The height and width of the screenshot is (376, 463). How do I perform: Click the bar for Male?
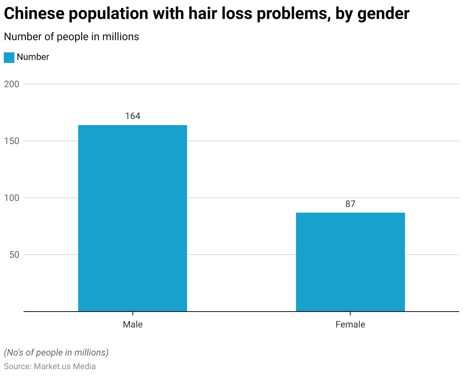pyautogui.click(x=132, y=218)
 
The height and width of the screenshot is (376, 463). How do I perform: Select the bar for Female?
pyautogui.click(x=350, y=262)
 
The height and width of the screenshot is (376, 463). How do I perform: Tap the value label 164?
pyautogui.click(x=133, y=116)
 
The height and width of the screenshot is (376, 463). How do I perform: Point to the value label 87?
pyautogui.click(x=350, y=204)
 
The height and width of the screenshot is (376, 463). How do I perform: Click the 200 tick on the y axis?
pyautogui.click(x=11, y=84)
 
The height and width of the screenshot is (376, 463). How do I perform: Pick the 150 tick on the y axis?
pyautogui.click(x=11, y=141)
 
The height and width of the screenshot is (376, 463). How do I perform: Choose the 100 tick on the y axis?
pyautogui.click(x=11, y=198)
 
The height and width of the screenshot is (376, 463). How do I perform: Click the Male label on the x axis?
pyautogui.click(x=133, y=324)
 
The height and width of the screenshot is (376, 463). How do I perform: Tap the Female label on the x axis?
pyautogui.click(x=350, y=324)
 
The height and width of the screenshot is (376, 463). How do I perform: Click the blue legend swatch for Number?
pyautogui.click(x=9, y=57)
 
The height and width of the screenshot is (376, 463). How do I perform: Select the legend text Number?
pyautogui.click(x=33, y=57)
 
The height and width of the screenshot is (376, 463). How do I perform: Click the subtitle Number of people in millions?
pyautogui.click(x=71, y=37)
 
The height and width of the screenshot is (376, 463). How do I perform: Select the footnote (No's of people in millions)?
pyautogui.click(x=56, y=352)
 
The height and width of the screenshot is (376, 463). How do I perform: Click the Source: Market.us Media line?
pyautogui.click(x=50, y=367)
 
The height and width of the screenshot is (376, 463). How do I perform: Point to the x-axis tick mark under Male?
pyautogui.click(x=133, y=313)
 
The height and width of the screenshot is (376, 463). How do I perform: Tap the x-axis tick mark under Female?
pyautogui.click(x=350, y=313)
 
